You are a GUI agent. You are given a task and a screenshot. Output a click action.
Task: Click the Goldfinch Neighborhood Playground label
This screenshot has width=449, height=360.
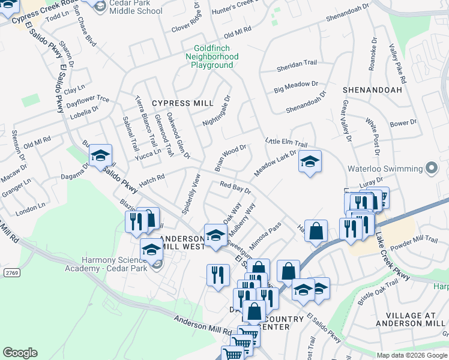click(216, 57)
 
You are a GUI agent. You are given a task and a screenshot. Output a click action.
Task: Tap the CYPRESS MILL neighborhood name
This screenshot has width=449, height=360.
click(174, 103)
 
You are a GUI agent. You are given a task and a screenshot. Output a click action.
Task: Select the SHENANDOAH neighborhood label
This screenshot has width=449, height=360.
click(372, 89)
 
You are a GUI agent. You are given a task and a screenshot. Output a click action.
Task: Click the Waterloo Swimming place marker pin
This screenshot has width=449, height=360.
click(430, 168)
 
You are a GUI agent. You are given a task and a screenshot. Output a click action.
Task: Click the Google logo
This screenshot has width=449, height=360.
click(20, 353)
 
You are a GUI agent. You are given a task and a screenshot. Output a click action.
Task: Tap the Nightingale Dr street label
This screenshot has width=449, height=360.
click(217, 110)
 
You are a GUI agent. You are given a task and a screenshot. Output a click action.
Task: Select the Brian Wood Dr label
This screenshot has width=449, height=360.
click(231, 155)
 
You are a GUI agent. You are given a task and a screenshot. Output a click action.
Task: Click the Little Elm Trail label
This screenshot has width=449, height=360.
click(286, 142)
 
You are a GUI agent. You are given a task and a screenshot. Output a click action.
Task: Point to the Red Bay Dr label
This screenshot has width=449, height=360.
click(235, 187)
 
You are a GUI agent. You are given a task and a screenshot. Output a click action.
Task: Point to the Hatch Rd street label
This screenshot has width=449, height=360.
click(151, 178)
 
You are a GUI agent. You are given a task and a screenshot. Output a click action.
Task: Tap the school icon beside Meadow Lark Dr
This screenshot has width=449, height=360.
click(310, 161)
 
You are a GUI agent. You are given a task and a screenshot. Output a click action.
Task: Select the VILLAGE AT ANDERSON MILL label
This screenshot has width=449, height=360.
click(408, 319)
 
